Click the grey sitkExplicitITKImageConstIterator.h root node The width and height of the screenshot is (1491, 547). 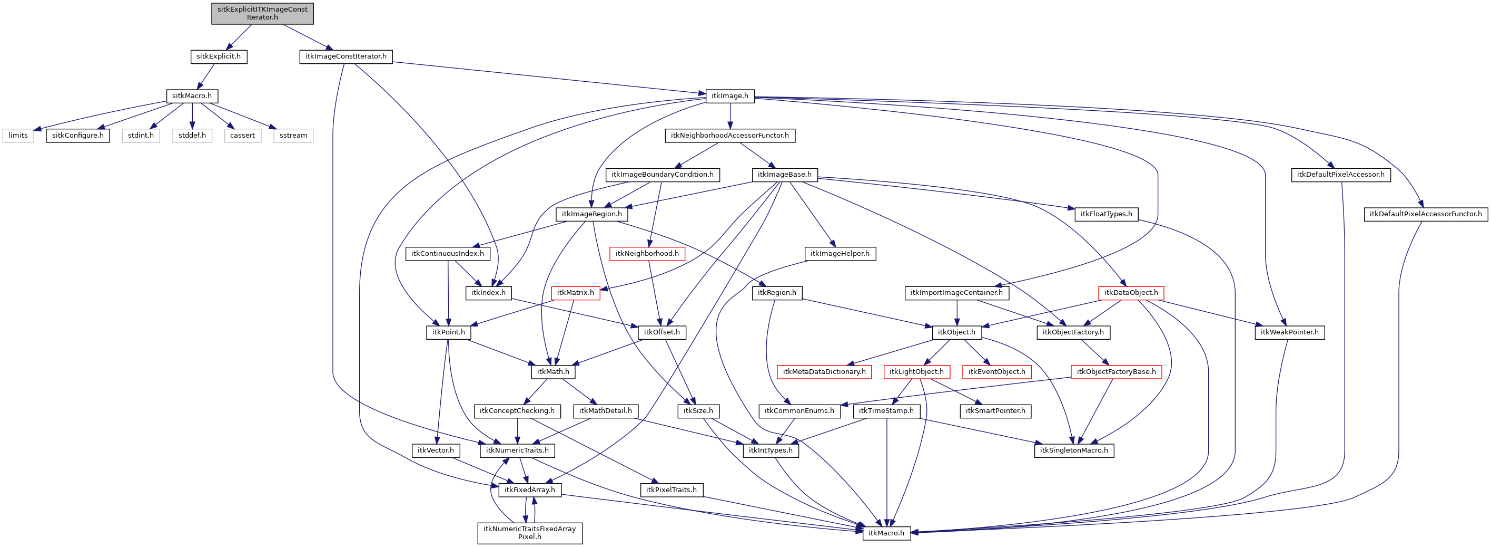coord(262,13)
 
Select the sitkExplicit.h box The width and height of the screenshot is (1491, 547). coord(218,56)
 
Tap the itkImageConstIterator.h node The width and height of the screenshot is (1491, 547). coord(345,56)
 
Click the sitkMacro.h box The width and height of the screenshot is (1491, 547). coord(192,95)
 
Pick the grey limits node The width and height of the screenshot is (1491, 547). coord(18,135)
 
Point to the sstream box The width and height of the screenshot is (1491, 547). coord(293,135)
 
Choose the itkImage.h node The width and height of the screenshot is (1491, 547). coord(729,95)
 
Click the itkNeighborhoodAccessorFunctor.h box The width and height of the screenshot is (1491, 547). coord(729,135)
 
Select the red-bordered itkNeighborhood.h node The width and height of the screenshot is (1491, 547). coord(647,253)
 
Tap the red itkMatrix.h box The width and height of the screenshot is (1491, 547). coord(575,293)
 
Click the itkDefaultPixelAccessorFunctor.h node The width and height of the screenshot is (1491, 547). coord(1425,214)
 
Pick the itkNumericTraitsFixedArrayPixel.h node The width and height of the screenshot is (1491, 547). coord(530,533)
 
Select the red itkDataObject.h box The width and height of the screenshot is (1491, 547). coord(1130,293)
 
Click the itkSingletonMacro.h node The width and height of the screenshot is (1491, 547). coord(1074,450)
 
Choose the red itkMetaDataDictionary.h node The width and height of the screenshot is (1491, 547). coord(824,371)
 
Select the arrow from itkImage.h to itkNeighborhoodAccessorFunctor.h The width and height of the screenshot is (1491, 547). coord(730,116)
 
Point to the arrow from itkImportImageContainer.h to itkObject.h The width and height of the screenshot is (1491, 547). coord(957,312)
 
